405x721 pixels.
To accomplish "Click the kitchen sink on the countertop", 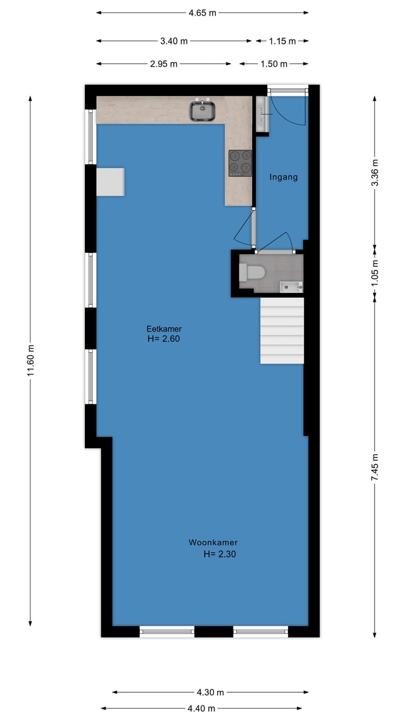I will (x=203, y=110).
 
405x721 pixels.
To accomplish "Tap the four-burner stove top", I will (x=240, y=163).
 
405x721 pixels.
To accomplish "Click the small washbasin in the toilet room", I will (x=291, y=287).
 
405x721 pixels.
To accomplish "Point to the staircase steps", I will (x=282, y=331).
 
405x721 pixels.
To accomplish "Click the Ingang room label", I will (x=283, y=177).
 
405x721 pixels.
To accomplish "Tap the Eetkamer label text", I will (x=164, y=329).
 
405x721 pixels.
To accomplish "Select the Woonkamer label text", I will (x=209, y=542).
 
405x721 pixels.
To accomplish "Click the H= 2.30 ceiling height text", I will (x=219, y=554).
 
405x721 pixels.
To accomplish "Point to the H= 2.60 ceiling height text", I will (x=164, y=339).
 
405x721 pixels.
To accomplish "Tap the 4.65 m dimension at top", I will (x=202, y=13).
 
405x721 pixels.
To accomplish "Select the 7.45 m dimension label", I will (x=375, y=466).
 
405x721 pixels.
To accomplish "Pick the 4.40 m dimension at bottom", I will (x=205, y=708).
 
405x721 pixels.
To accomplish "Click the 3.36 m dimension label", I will (x=375, y=173).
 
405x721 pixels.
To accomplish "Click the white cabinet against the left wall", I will (x=110, y=181).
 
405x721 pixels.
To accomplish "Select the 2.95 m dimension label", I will (x=164, y=64).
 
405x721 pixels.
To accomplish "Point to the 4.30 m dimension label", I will (x=210, y=692).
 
